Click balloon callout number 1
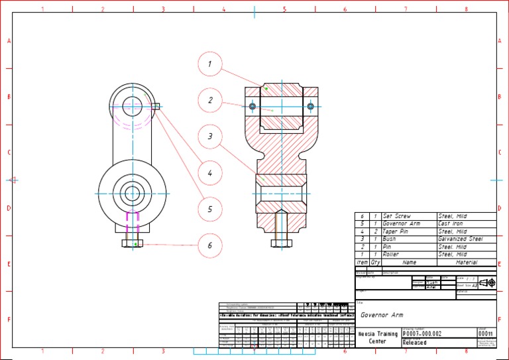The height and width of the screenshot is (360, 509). tap(209, 64)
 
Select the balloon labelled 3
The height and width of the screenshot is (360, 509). tap(209, 137)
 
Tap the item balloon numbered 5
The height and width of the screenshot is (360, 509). tap(209, 209)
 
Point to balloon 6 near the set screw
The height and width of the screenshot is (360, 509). tap(209, 245)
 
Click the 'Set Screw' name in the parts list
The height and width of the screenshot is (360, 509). tap(396, 216)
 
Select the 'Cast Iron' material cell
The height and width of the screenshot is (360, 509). tap(451, 223)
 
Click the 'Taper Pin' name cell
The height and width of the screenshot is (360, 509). tap(396, 231)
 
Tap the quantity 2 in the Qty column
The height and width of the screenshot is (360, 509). tap(375, 231)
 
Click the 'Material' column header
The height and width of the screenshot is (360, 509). tap(466, 263)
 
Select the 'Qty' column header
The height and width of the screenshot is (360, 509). tap(375, 263)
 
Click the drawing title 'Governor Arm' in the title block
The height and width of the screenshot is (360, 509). tap(382, 315)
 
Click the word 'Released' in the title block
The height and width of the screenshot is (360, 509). tap(414, 343)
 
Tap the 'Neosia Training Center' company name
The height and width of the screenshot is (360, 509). tap(378, 337)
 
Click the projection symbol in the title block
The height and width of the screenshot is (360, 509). tap(487, 283)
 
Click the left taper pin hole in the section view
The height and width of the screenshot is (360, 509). tap(252, 106)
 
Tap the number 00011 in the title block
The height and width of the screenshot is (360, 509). tap(486, 333)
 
